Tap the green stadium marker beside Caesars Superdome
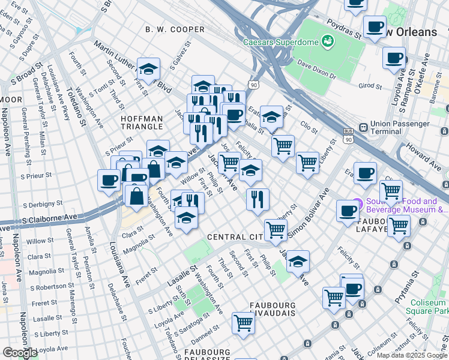(327, 41)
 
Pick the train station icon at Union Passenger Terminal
(363, 127)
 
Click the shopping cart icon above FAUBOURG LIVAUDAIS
(244, 323)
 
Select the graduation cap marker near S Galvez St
(148, 70)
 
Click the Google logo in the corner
(20, 353)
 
